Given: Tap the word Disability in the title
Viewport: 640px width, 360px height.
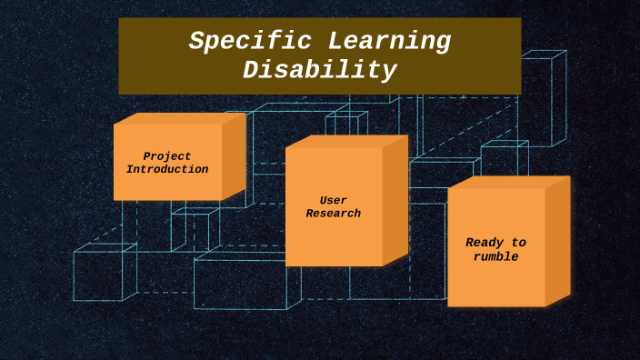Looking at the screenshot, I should [319, 71].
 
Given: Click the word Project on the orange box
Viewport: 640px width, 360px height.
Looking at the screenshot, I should [167, 156].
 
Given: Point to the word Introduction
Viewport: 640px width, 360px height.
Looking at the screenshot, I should [167, 170].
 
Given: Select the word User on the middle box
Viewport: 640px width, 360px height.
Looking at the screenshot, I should [333, 200].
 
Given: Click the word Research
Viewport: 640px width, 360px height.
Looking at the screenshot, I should [333, 214].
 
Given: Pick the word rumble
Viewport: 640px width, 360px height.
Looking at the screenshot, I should [495, 257].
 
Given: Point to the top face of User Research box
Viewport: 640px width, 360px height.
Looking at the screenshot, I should [345, 142].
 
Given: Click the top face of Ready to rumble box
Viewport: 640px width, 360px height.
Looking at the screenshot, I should [509, 183].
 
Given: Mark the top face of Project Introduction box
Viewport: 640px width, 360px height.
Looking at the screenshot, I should [179, 118].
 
